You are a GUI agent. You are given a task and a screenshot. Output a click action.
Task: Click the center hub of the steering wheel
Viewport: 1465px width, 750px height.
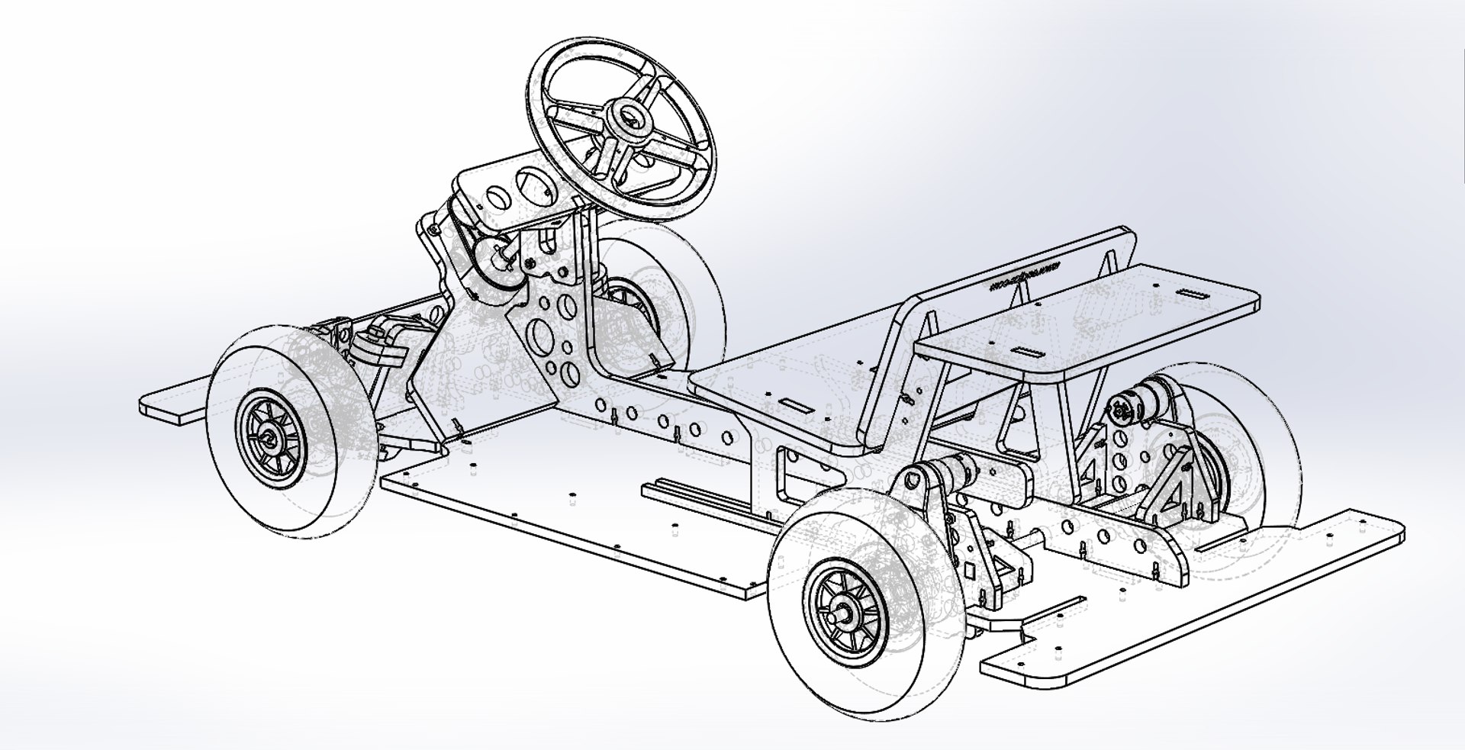coord(631,117)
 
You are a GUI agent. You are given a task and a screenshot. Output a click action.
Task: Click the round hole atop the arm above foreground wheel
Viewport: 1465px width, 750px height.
coord(911,481)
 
